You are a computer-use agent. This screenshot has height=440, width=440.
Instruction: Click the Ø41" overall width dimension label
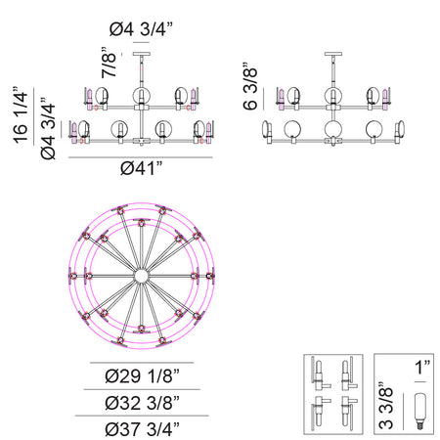pyautogui.click(x=142, y=168)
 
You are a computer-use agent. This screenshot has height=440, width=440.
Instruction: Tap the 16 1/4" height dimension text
pyautogui.click(x=21, y=114)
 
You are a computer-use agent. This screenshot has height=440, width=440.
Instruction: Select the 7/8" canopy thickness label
pyautogui.click(x=109, y=63)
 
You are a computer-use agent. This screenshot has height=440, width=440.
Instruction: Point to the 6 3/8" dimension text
pyautogui.click(x=250, y=86)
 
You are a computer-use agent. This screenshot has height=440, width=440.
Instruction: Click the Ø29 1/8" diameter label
pyautogui.click(x=142, y=375)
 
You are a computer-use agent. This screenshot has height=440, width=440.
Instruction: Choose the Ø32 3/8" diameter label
pyautogui.click(x=142, y=403)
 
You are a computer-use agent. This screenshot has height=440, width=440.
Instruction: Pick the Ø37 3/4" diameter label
pyautogui.click(x=142, y=429)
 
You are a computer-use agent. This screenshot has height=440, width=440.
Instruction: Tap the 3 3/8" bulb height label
pyautogui.click(x=386, y=406)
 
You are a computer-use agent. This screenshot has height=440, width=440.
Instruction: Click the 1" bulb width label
pyautogui.click(x=422, y=368)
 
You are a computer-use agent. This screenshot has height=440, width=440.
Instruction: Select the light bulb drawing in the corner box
pyautogui.click(x=420, y=411)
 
